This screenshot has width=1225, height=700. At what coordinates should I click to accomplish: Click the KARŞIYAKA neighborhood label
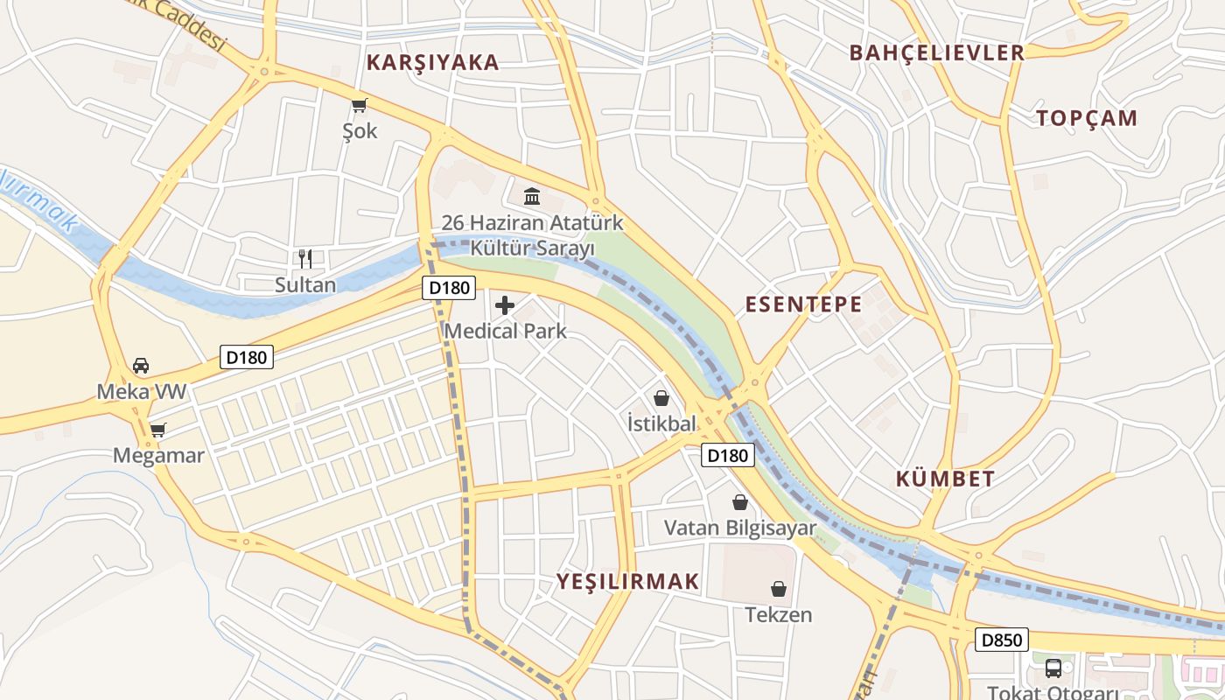[432, 62]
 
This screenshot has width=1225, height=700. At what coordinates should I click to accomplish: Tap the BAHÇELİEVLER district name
[936, 52]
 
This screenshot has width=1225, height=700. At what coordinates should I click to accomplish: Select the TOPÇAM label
[1087, 118]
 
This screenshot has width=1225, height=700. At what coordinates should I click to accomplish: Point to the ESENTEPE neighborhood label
[803, 304]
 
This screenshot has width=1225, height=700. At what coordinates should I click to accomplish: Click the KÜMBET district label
[945, 479]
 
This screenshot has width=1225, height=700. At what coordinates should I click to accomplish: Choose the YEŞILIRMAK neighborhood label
[628, 581]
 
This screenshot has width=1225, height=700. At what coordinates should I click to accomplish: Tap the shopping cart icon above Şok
[359, 106]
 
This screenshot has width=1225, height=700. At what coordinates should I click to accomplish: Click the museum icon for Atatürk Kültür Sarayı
[532, 196]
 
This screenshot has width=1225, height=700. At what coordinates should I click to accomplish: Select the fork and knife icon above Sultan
[305, 258]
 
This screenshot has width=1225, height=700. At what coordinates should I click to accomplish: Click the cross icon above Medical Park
[505, 305]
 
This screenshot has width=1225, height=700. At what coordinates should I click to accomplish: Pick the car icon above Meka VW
[141, 365]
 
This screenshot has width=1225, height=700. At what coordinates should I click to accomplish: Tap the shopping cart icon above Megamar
[157, 430]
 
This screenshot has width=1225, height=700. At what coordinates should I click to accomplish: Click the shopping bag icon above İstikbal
[661, 398]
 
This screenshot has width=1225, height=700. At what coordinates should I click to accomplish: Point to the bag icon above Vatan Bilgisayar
[740, 502]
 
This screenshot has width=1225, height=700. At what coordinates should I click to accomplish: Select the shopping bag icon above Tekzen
[778, 589]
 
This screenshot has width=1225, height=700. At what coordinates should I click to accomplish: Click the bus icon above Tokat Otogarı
[1053, 669]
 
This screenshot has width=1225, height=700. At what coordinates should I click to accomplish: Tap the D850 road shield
[1001, 640]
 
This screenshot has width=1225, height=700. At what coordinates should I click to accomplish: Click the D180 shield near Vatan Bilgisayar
[727, 455]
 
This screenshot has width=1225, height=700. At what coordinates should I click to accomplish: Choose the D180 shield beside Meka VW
[247, 356]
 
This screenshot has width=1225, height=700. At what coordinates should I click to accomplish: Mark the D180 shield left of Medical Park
[449, 287]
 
